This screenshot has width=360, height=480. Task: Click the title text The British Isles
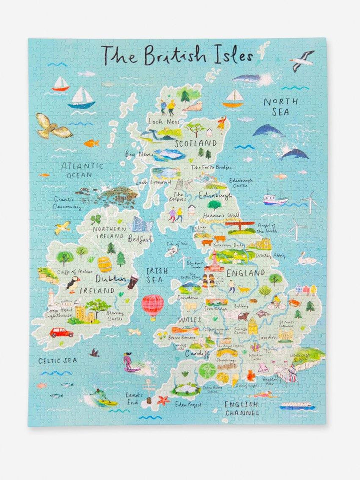[177, 54]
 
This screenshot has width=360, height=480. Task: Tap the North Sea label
[280, 107]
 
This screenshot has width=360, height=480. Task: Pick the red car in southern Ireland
[61, 332]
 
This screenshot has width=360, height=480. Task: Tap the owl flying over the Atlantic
[52, 126]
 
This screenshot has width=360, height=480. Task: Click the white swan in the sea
[306, 259]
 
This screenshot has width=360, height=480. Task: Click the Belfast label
[140, 239]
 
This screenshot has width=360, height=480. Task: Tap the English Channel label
[242, 408]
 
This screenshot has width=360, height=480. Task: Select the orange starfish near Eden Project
[163, 400]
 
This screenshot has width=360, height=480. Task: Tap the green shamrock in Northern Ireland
[95, 219]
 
